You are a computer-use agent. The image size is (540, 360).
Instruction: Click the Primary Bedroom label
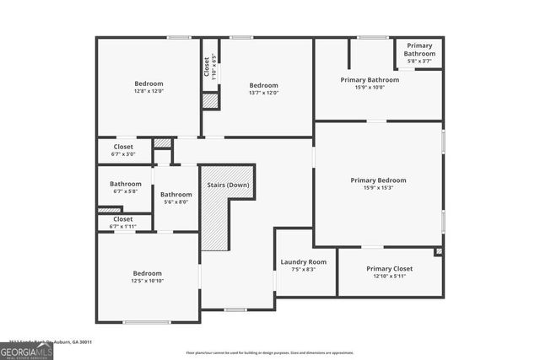pos(378,180)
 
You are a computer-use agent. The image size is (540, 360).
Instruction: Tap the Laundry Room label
pos(303,262)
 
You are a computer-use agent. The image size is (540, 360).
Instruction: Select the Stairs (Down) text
pos(228,185)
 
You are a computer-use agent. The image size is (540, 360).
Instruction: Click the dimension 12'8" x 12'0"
pos(148,93)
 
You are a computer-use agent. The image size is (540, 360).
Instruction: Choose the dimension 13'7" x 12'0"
pos(263,93)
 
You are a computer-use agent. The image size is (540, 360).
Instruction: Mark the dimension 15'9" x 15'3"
pos(378,188)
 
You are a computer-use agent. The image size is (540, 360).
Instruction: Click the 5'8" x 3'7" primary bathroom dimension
pos(419,61)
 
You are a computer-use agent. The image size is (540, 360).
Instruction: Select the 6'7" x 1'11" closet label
pos(123,226)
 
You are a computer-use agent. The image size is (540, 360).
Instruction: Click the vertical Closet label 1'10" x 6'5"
pos(214,67)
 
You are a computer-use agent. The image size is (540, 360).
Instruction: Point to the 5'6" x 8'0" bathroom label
pos(175,202)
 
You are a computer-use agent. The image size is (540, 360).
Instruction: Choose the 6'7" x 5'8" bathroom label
pos(125,191)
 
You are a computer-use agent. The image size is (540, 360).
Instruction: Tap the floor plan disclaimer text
pos(270,353)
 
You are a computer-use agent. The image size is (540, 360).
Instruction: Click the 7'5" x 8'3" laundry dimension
pos(303,270)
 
